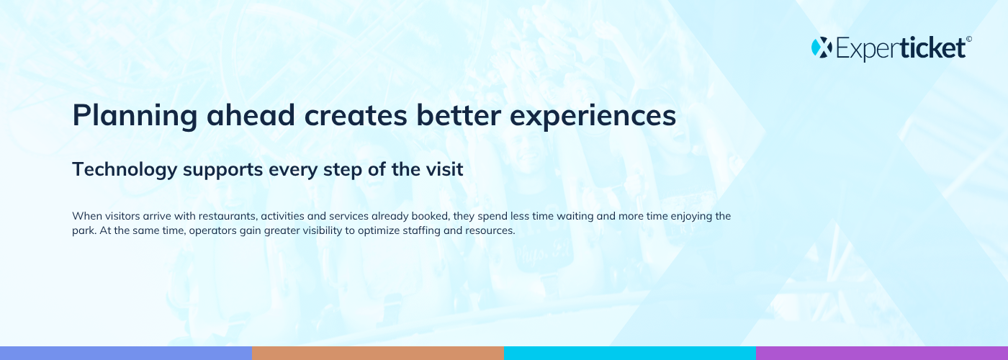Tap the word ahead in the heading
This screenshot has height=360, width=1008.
coord(251,114)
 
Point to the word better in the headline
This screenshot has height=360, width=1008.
coord(459,114)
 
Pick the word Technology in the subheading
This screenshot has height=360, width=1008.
coord(125,170)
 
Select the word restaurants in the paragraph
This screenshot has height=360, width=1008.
coord(228,217)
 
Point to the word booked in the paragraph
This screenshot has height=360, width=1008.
coord(431,216)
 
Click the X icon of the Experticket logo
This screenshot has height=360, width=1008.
coord(822,48)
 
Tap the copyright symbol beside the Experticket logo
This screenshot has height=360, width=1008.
coord(969,39)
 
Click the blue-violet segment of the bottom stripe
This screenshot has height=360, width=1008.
coord(126,354)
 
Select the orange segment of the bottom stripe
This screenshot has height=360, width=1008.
coord(378,354)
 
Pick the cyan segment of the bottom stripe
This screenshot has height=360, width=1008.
coord(630,354)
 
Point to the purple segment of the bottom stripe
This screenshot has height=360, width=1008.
coord(882,354)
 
